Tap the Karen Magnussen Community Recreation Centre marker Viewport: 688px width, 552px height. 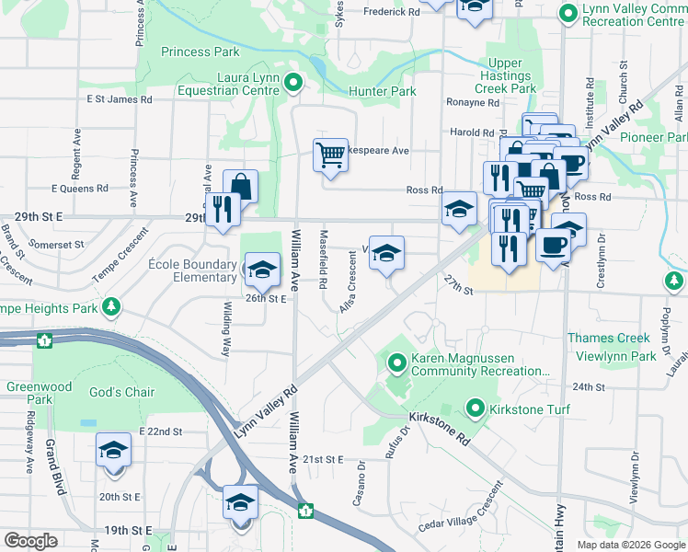point(397,363)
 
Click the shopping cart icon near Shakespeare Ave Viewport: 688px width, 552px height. point(330,155)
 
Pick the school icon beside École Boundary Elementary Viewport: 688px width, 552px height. point(262,268)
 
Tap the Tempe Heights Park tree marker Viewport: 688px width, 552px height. point(111,305)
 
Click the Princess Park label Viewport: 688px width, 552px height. point(200,52)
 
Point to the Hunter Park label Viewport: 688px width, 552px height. point(382,92)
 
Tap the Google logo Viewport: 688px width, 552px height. point(30,541)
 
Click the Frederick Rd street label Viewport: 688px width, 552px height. point(391,12)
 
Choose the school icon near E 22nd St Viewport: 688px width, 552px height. point(113,450)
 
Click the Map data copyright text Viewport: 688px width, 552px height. point(630,545)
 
